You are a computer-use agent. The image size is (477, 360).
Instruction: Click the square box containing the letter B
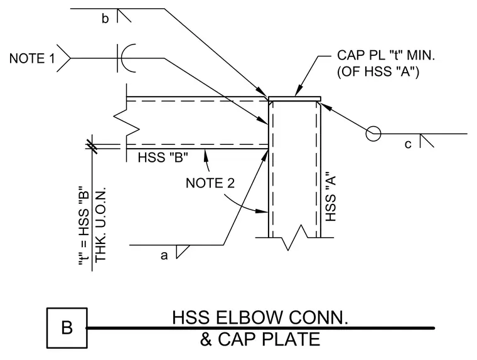pos(67,328)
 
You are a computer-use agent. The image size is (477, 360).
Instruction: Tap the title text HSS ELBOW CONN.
pos(260,317)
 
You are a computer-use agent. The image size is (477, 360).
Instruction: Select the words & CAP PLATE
pos(260,339)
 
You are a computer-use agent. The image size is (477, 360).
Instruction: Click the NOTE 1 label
pos(32,58)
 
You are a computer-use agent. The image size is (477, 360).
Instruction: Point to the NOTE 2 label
pos(210,183)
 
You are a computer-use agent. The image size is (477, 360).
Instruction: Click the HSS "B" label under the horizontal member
pos(163,157)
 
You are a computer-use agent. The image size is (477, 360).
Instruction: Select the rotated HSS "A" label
pos(330,197)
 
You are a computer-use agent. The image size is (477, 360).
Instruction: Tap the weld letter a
pos(164,256)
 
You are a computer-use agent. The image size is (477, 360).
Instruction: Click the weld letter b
pos(105,19)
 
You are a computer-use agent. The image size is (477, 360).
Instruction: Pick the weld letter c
pos(408,144)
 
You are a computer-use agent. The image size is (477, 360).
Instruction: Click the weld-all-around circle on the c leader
pos(373,134)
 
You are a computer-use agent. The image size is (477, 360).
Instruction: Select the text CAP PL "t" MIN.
pos(386,55)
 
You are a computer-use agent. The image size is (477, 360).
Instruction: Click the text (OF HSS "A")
pos(378,71)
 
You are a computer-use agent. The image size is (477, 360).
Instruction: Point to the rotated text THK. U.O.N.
pos(100,225)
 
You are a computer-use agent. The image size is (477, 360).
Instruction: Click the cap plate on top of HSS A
pos(294,99)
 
